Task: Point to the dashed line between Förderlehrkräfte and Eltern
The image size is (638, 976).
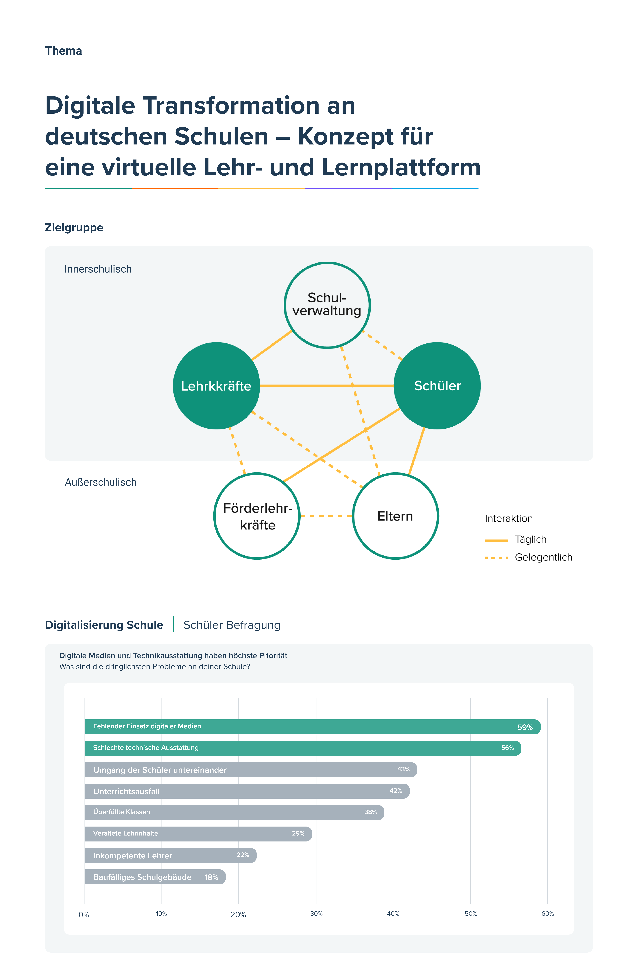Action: (x=326, y=516)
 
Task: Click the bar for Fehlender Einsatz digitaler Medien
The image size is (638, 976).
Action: (x=312, y=727)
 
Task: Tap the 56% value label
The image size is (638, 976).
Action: (x=507, y=748)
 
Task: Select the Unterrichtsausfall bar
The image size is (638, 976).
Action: (x=246, y=791)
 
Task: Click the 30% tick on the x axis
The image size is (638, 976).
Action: (x=316, y=914)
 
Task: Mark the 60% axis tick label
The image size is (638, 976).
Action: (x=547, y=914)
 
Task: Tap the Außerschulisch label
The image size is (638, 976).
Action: (x=101, y=482)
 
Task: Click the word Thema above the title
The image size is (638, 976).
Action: (x=64, y=51)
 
